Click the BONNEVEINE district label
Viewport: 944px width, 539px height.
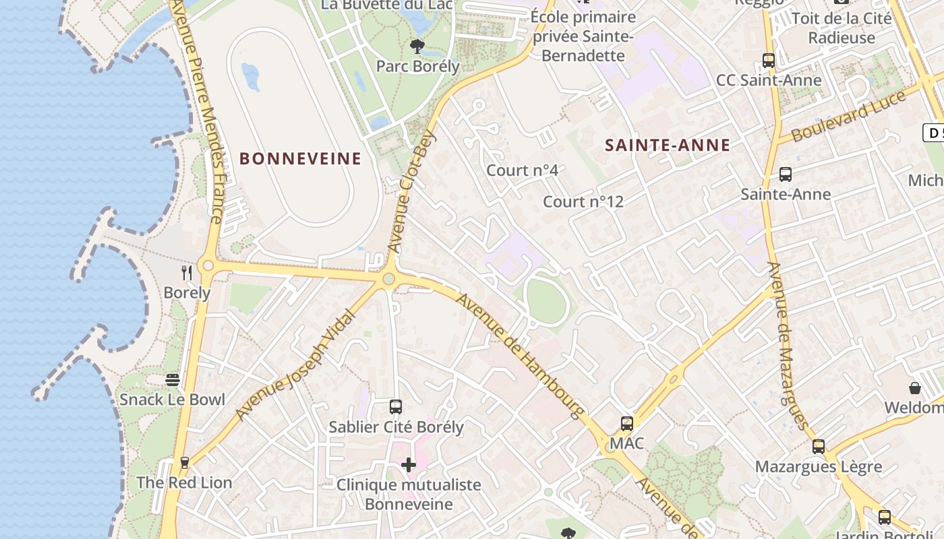pos(301,159)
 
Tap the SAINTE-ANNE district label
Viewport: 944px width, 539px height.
pos(668,145)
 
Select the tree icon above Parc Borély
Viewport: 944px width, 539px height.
pos(417,46)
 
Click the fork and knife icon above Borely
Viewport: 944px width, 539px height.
pos(187,272)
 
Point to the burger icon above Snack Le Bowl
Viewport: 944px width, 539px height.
pos(173,380)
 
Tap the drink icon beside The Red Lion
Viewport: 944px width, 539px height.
pos(184,463)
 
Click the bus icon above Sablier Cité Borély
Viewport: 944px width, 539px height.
pos(396,407)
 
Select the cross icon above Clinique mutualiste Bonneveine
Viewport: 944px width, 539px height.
pos(409,464)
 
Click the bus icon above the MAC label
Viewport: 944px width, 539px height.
pos(627,424)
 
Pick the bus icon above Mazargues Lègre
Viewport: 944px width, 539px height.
pos(819,446)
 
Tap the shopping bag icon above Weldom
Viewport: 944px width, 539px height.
pos(915,388)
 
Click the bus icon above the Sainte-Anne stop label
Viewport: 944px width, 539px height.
pos(786,175)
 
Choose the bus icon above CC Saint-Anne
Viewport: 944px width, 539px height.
pos(769,61)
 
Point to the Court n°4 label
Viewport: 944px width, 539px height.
pos(523,170)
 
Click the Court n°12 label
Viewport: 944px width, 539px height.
pos(583,201)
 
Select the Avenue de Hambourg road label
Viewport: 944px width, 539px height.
pos(520,355)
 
